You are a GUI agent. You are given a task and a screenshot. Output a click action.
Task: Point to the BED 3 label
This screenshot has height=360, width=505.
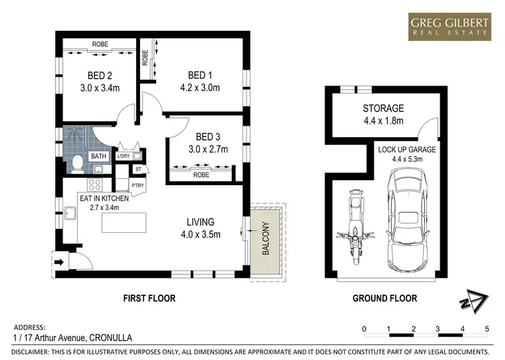pyautogui.click(x=201, y=136)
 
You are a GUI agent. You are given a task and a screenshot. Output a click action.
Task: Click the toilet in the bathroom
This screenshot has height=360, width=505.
pyautogui.click(x=77, y=161)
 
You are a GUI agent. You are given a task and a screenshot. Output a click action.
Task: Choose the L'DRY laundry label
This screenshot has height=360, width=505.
pyautogui.click(x=123, y=157)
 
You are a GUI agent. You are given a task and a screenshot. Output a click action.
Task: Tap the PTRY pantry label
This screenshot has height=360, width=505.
pyautogui.click(x=138, y=185)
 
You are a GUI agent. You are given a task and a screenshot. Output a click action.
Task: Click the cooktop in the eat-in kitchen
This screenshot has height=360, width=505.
pyautogui.click(x=95, y=184)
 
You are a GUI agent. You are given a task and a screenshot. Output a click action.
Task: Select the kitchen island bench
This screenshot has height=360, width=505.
pyautogui.click(x=124, y=222)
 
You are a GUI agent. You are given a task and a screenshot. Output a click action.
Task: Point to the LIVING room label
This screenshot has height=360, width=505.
pyautogui.click(x=201, y=221)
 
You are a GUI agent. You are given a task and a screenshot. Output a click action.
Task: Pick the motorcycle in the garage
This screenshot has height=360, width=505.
pyautogui.click(x=353, y=227)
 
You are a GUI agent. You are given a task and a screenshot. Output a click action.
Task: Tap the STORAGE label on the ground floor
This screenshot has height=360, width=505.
pyautogui.click(x=383, y=108)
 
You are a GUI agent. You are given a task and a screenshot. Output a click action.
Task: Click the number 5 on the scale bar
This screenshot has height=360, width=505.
pyautogui.click(x=486, y=328)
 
